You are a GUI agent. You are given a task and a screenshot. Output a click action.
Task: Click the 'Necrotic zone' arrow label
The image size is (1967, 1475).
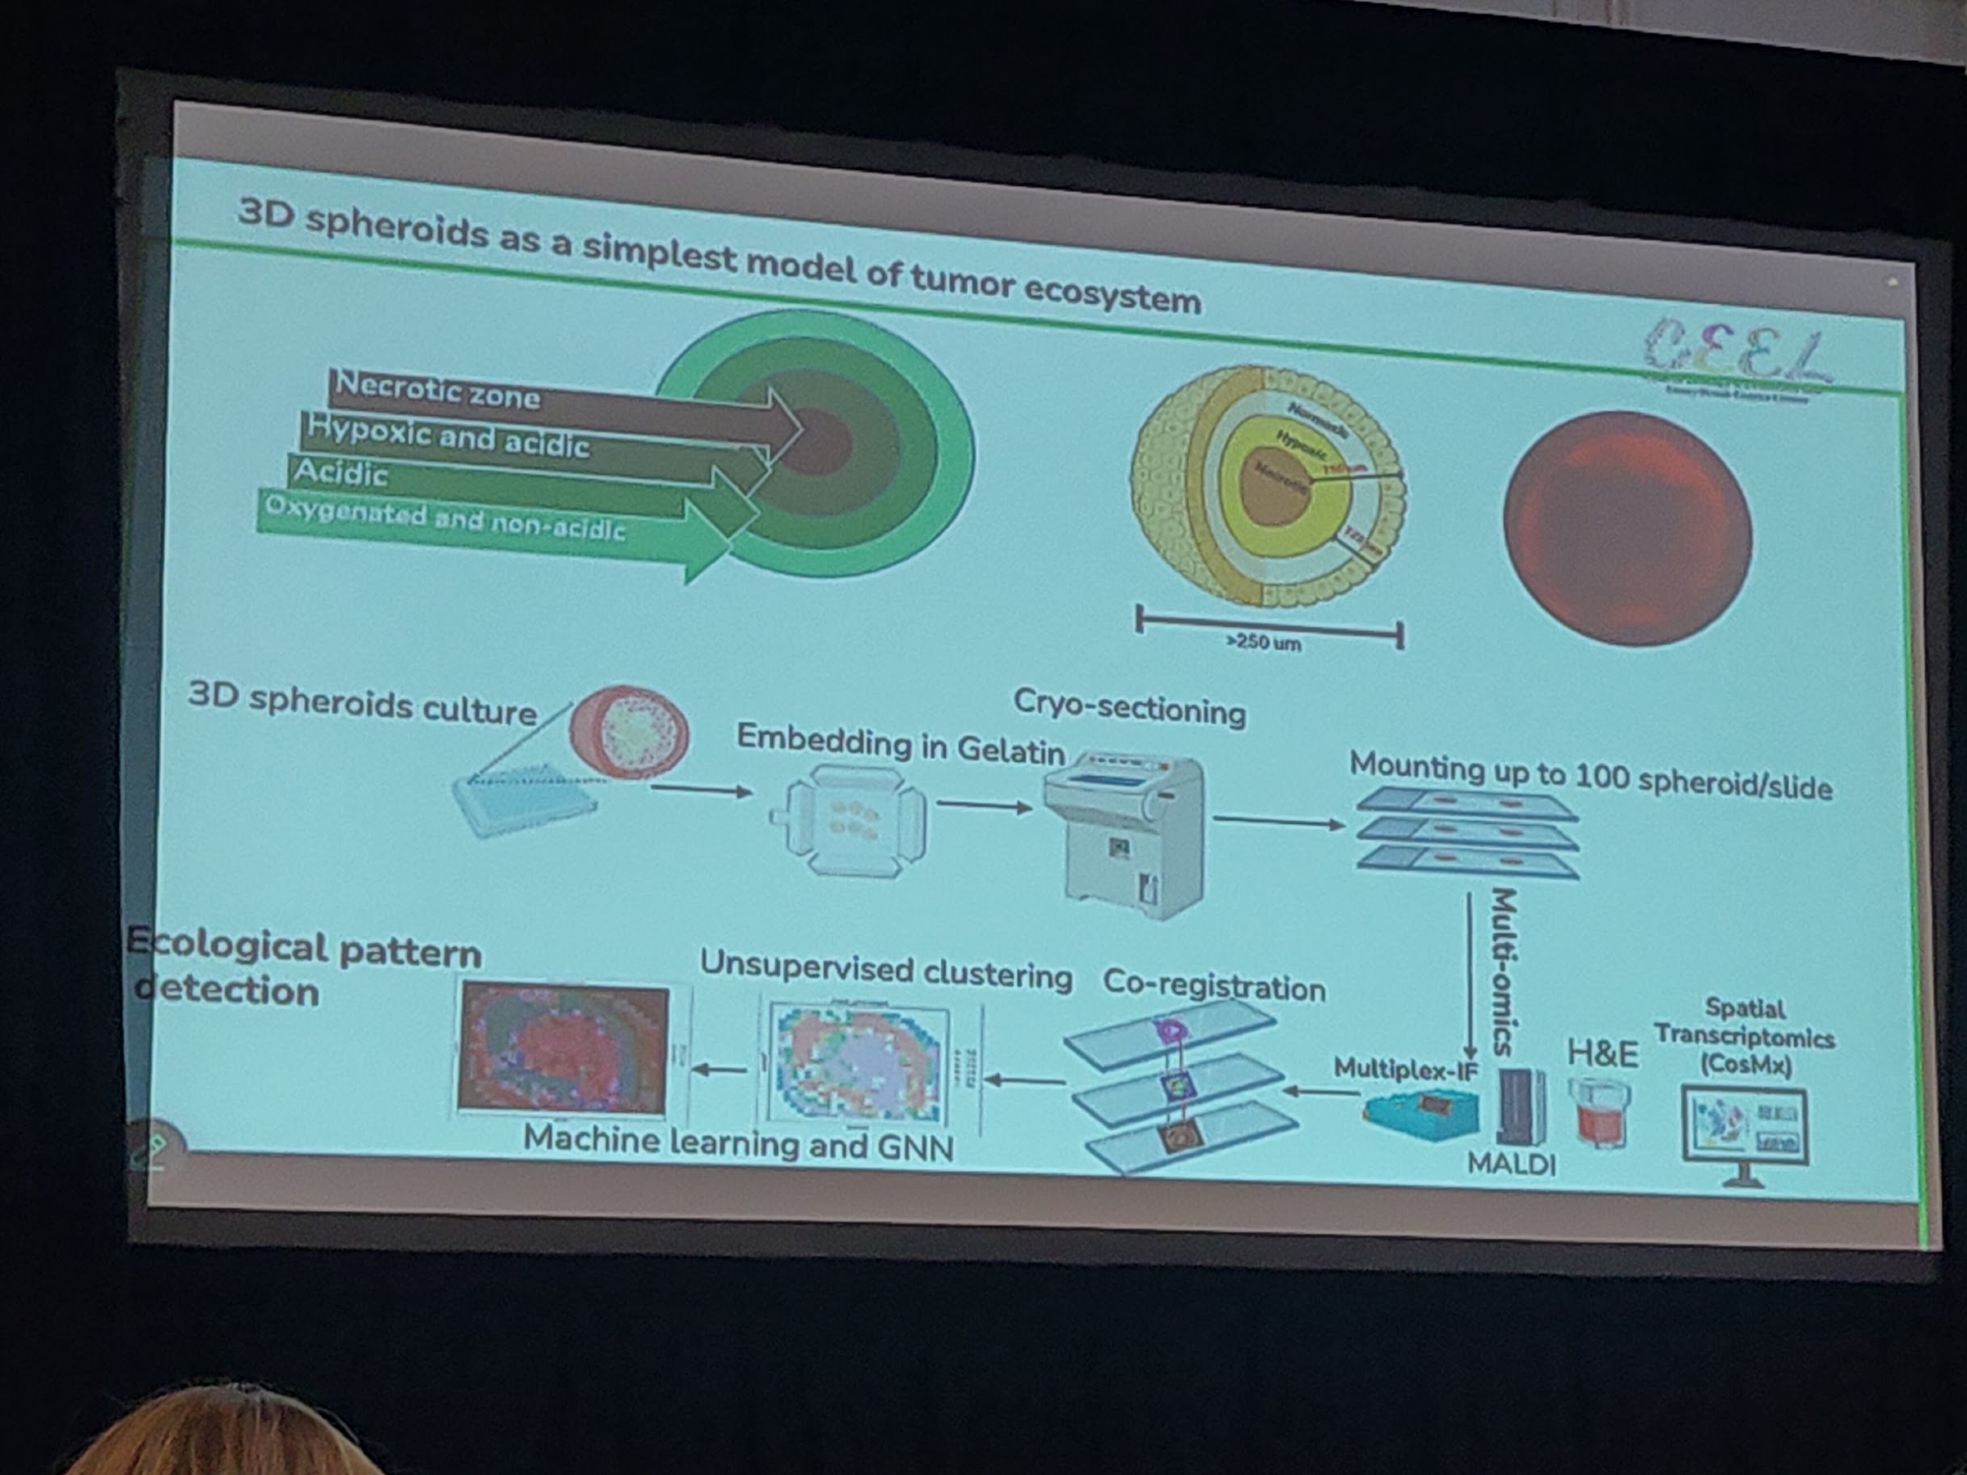tap(438, 391)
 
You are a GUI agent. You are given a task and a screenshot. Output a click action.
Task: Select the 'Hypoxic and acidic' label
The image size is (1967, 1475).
tap(448, 437)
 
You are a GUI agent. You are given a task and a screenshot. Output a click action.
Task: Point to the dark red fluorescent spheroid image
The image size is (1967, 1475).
tap(1628, 529)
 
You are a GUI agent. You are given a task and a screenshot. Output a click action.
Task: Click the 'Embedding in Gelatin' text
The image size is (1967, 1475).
tap(900, 744)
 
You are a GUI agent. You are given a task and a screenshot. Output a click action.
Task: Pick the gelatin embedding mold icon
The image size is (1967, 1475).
tap(848, 821)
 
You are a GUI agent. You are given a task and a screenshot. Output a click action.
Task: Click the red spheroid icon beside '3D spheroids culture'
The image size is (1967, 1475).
tap(629, 733)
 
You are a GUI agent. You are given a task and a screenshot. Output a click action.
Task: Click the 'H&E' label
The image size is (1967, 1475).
tap(1602, 1053)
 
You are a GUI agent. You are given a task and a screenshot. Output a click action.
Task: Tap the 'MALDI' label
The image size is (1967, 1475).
tap(1511, 1164)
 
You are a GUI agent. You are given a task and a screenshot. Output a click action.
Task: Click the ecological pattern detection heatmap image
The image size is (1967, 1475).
tap(564, 1048)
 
